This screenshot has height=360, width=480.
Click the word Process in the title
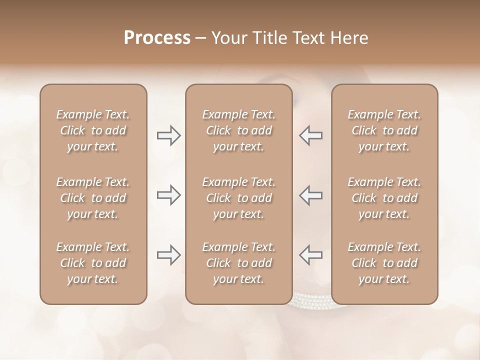point(157,38)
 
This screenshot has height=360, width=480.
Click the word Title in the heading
point(268,38)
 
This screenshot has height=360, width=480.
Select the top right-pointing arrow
point(169,135)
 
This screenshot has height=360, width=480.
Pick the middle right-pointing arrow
point(169,194)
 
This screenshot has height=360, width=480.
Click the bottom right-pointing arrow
point(169,255)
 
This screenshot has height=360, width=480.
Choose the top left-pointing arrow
point(311,135)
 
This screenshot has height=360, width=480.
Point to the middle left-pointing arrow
point(311,194)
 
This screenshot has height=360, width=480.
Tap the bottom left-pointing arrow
point(311,255)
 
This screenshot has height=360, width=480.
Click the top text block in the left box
point(93,130)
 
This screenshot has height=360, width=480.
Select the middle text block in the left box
point(93,198)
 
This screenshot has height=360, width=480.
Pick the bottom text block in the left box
point(93,263)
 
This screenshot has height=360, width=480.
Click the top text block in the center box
point(239,130)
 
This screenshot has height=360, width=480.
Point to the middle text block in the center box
point(239,198)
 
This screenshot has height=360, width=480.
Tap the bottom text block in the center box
point(239,263)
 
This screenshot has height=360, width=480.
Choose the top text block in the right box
point(384,130)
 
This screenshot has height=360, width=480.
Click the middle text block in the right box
point(384,198)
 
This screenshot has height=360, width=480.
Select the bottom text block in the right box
point(384,263)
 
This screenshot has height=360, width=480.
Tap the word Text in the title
point(307,38)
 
